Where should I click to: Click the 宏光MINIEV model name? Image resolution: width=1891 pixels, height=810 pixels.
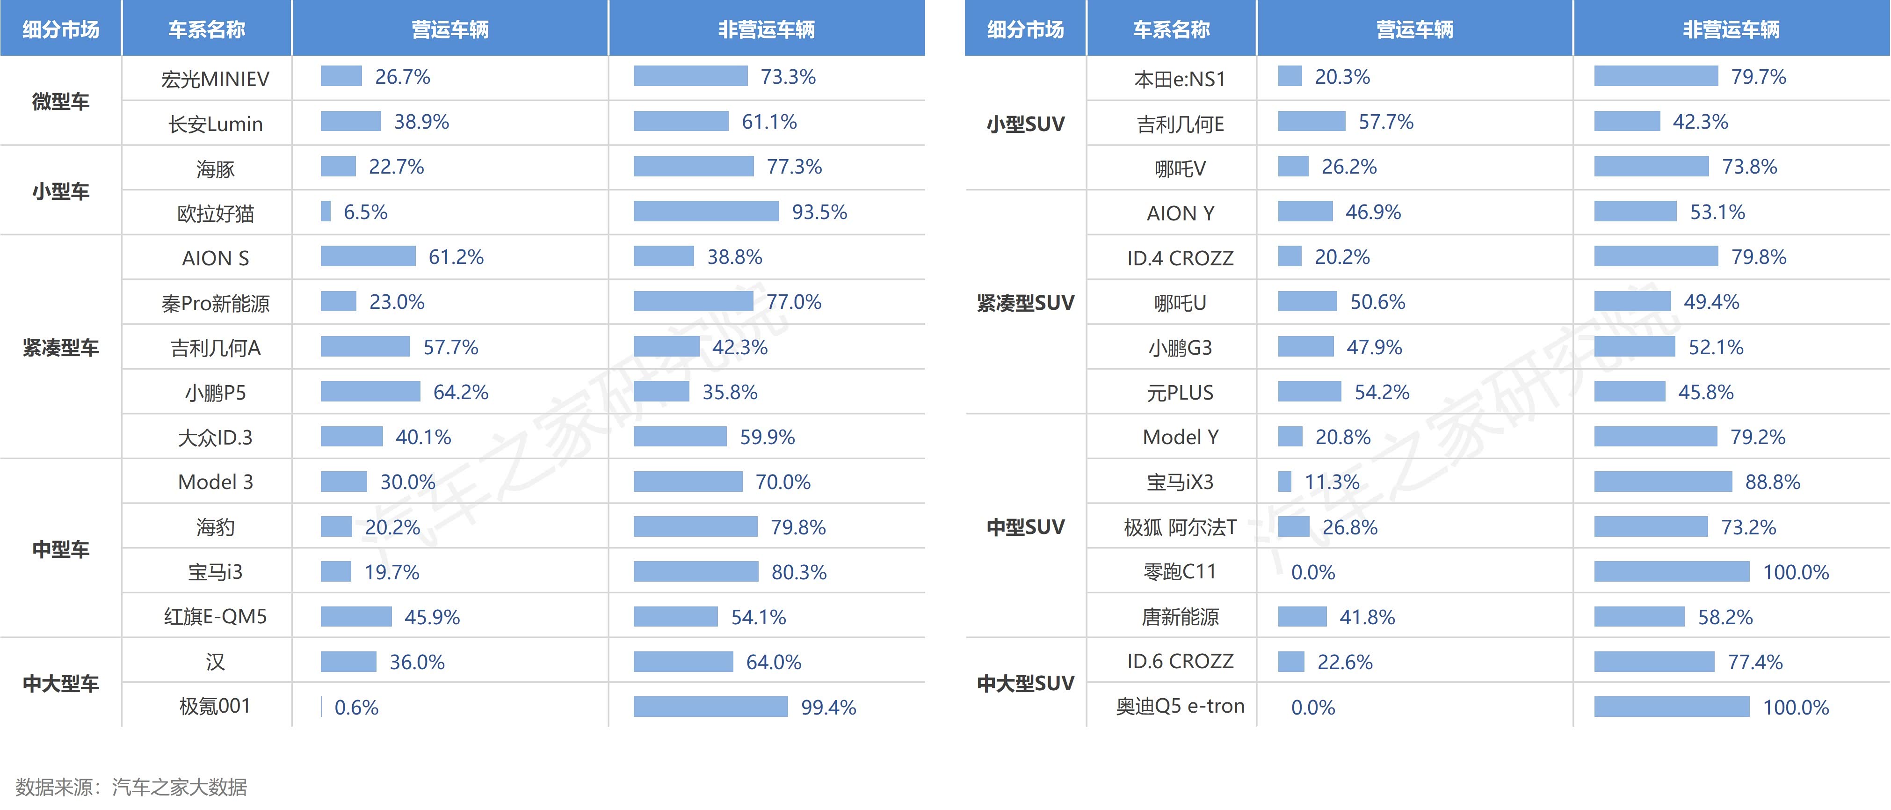click(x=215, y=79)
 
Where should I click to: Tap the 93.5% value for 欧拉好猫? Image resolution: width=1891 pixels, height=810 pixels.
click(x=819, y=212)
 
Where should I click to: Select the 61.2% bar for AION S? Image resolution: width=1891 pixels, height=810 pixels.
click(x=368, y=256)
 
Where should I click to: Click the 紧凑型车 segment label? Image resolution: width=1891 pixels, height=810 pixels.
click(x=61, y=347)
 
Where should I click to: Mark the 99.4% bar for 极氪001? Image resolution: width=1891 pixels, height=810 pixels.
click(x=710, y=707)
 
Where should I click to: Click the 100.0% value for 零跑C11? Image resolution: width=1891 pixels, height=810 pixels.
click(x=1796, y=572)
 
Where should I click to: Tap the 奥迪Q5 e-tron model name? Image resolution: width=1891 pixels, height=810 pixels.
click(x=1180, y=707)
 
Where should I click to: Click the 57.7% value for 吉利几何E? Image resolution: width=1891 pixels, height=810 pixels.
click(x=1385, y=122)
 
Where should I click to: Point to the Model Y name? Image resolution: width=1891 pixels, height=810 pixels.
click(x=1180, y=438)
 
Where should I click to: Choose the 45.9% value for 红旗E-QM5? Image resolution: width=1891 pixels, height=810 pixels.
click(x=432, y=617)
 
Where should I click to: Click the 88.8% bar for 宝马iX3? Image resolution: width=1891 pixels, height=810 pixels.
click(x=1663, y=482)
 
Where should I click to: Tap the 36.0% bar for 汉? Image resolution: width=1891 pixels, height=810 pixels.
click(x=348, y=662)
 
